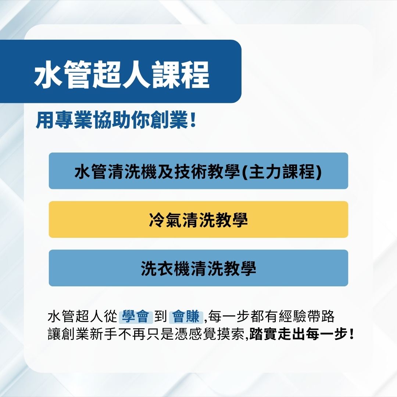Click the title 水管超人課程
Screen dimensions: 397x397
122,75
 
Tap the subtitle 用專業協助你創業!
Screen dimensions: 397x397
115,122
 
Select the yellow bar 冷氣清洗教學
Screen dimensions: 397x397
198,219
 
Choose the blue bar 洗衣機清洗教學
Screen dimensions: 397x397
198,268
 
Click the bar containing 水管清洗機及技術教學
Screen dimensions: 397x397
198,171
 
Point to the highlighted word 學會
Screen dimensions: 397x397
136,316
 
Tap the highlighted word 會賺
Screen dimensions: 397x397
186,316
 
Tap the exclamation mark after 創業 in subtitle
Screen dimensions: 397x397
193,122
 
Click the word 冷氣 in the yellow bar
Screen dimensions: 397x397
161,220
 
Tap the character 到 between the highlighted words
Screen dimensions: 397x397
161,316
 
